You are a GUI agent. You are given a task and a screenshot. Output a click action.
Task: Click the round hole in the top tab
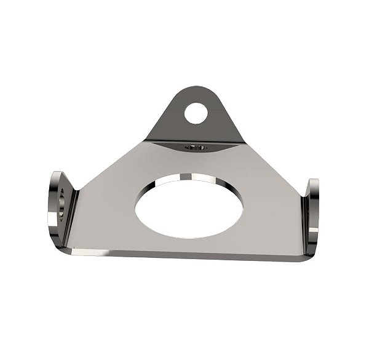tap(196, 113)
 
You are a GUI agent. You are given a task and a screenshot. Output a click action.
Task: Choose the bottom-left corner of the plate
tap(74, 250)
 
